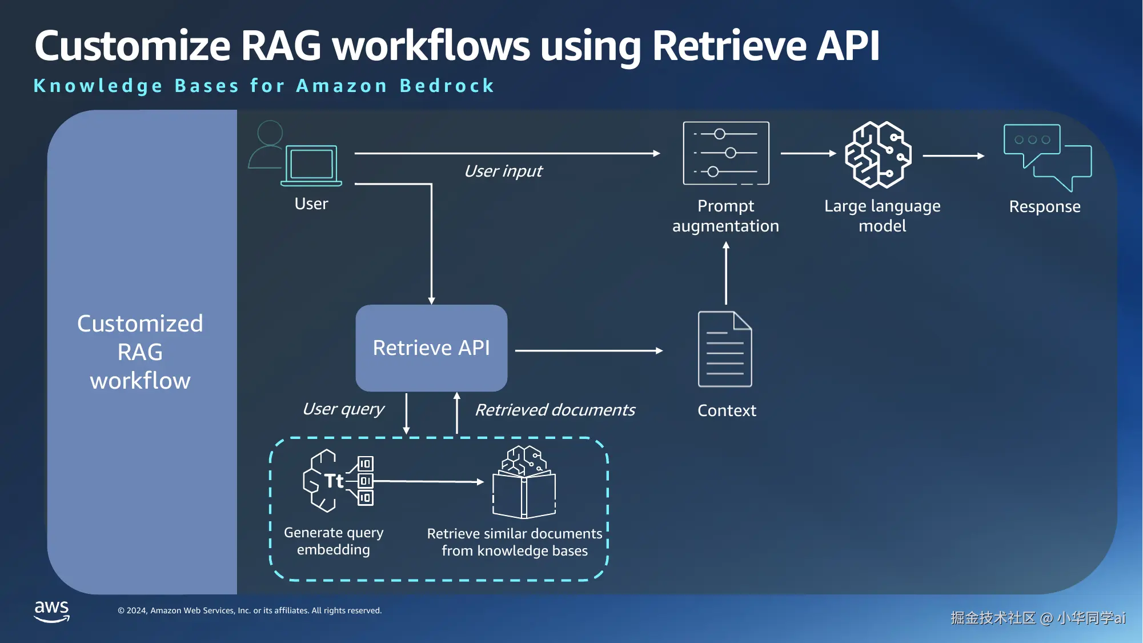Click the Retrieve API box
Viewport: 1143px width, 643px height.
click(431, 348)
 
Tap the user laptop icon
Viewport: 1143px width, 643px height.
click(311, 166)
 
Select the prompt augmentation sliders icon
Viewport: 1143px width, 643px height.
click(726, 153)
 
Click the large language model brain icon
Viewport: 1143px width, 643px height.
click(878, 154)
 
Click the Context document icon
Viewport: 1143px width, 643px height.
click(725, 349)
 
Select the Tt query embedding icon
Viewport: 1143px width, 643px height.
click(338, 481)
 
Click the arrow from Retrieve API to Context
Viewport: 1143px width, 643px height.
click(588, 350)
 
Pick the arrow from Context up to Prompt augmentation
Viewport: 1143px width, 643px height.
click(726, 273)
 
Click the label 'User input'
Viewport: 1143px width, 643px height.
click(503, 171)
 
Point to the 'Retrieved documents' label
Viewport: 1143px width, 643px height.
click(555, 410)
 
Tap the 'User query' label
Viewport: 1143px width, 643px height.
click(343, 409)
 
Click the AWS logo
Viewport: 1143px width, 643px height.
click(52, 610)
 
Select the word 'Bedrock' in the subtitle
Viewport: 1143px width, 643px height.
click(447, 86)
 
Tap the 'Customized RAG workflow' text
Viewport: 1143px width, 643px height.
click(140, 352)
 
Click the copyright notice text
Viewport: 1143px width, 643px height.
click(250, 610)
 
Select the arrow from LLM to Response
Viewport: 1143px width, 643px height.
click(953, 155)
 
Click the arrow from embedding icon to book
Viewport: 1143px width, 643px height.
click(428, 481)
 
